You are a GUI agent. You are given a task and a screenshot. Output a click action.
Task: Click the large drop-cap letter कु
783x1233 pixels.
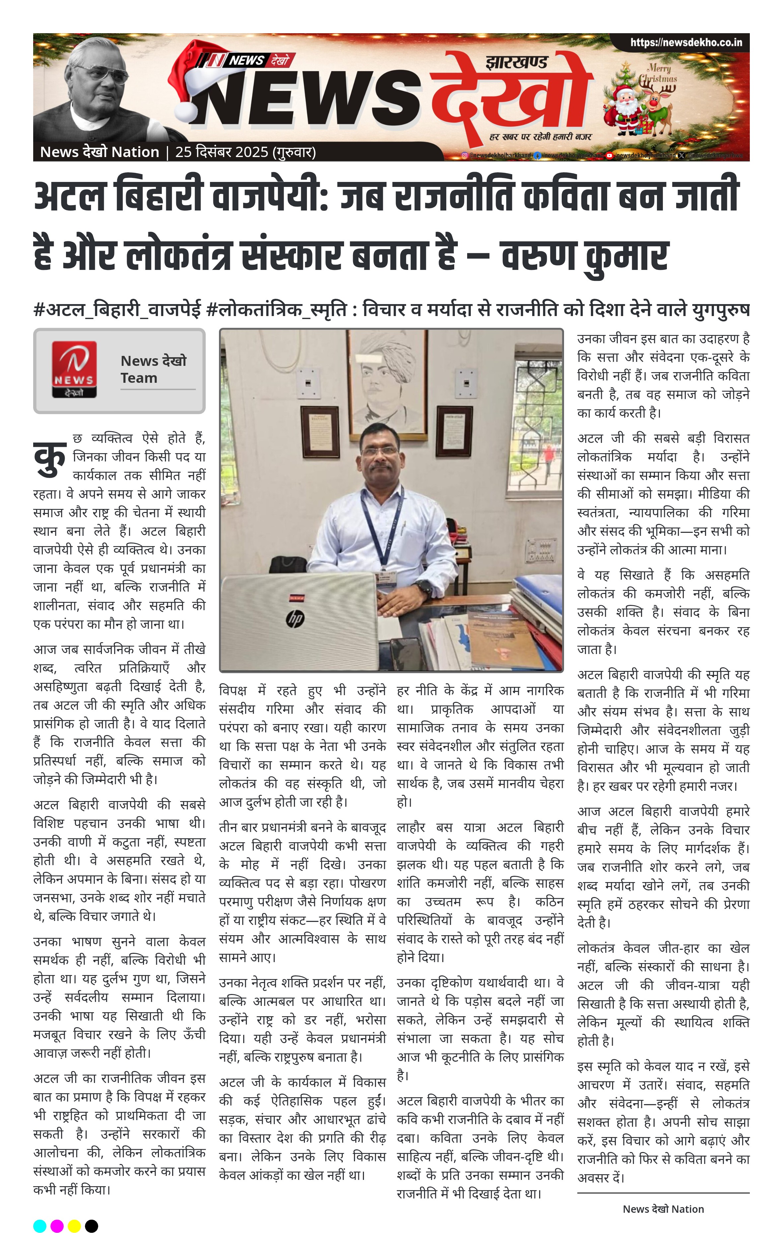[50, 458]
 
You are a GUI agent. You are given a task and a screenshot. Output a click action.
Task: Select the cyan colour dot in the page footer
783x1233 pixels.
[40, 1226]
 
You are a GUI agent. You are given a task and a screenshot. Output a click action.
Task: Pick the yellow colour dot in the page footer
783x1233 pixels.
[74, 1226]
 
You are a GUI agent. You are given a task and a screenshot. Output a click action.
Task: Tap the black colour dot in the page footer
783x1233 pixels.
[91, 1226]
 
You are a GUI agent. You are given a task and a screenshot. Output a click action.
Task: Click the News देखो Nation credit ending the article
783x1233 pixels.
[663, 1209]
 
